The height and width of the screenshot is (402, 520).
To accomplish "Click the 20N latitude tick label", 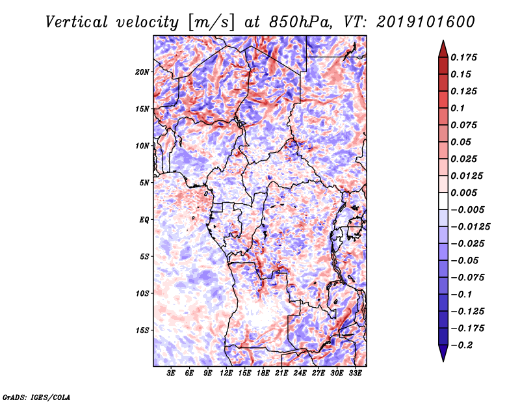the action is [x=142, y=72].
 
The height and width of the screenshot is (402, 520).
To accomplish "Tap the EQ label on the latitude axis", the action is [x=144, y=220].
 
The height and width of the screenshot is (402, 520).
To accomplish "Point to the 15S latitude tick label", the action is [x=142, y=330].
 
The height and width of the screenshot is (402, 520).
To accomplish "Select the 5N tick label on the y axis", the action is [x=144, y=183].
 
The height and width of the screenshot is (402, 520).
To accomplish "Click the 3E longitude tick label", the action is [x=171, y=373].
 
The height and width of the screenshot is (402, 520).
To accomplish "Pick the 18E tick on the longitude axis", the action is [x=263, y=373].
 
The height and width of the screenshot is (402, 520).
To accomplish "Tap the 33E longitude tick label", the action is [x=355, y=373].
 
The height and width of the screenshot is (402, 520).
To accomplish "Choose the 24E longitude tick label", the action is [x=300, y=373].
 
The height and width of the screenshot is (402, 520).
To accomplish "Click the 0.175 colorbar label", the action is [x=463, y=57].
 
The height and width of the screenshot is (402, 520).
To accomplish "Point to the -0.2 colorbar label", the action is [x=461, y=345].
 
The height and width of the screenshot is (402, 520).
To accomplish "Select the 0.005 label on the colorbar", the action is [x=463, y=193].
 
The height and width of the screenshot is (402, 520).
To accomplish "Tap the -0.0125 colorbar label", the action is [x=470, y=227].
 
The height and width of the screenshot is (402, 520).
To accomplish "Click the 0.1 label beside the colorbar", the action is [x=458, y=108].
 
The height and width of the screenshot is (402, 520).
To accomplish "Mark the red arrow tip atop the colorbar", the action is [x=443, y=40].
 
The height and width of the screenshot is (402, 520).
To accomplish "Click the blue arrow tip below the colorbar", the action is [x=443, y=361].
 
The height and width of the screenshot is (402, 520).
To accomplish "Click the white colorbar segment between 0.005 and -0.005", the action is [x=443, y=201].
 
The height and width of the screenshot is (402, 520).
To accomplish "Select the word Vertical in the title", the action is [x=77, y=23].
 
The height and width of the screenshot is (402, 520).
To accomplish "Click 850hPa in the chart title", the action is [x=300, y=23].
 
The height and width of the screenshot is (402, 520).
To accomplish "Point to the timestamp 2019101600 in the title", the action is [x=426, y=22].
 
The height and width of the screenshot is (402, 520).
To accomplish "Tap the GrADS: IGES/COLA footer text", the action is [x=36, y=397].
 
